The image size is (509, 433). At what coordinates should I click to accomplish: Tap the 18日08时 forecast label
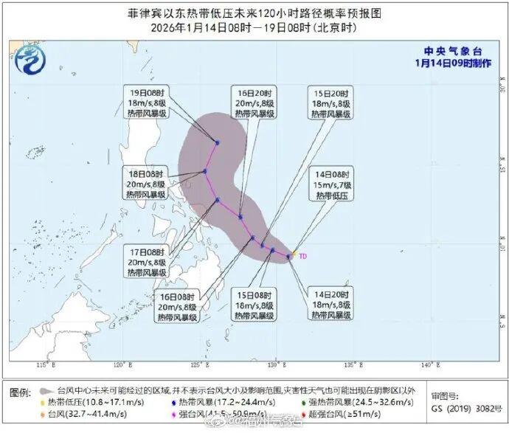(x=147, y=184)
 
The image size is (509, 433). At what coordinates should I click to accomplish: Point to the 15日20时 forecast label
(x=330, y=103)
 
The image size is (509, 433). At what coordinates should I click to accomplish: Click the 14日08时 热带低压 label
(x=336, y=185)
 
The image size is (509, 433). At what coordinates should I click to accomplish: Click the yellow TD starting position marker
(x=294, y=254)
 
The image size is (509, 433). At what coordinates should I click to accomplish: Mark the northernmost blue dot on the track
(x=218, y=142)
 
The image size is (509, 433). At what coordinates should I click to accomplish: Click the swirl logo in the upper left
(x=29, y=58)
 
